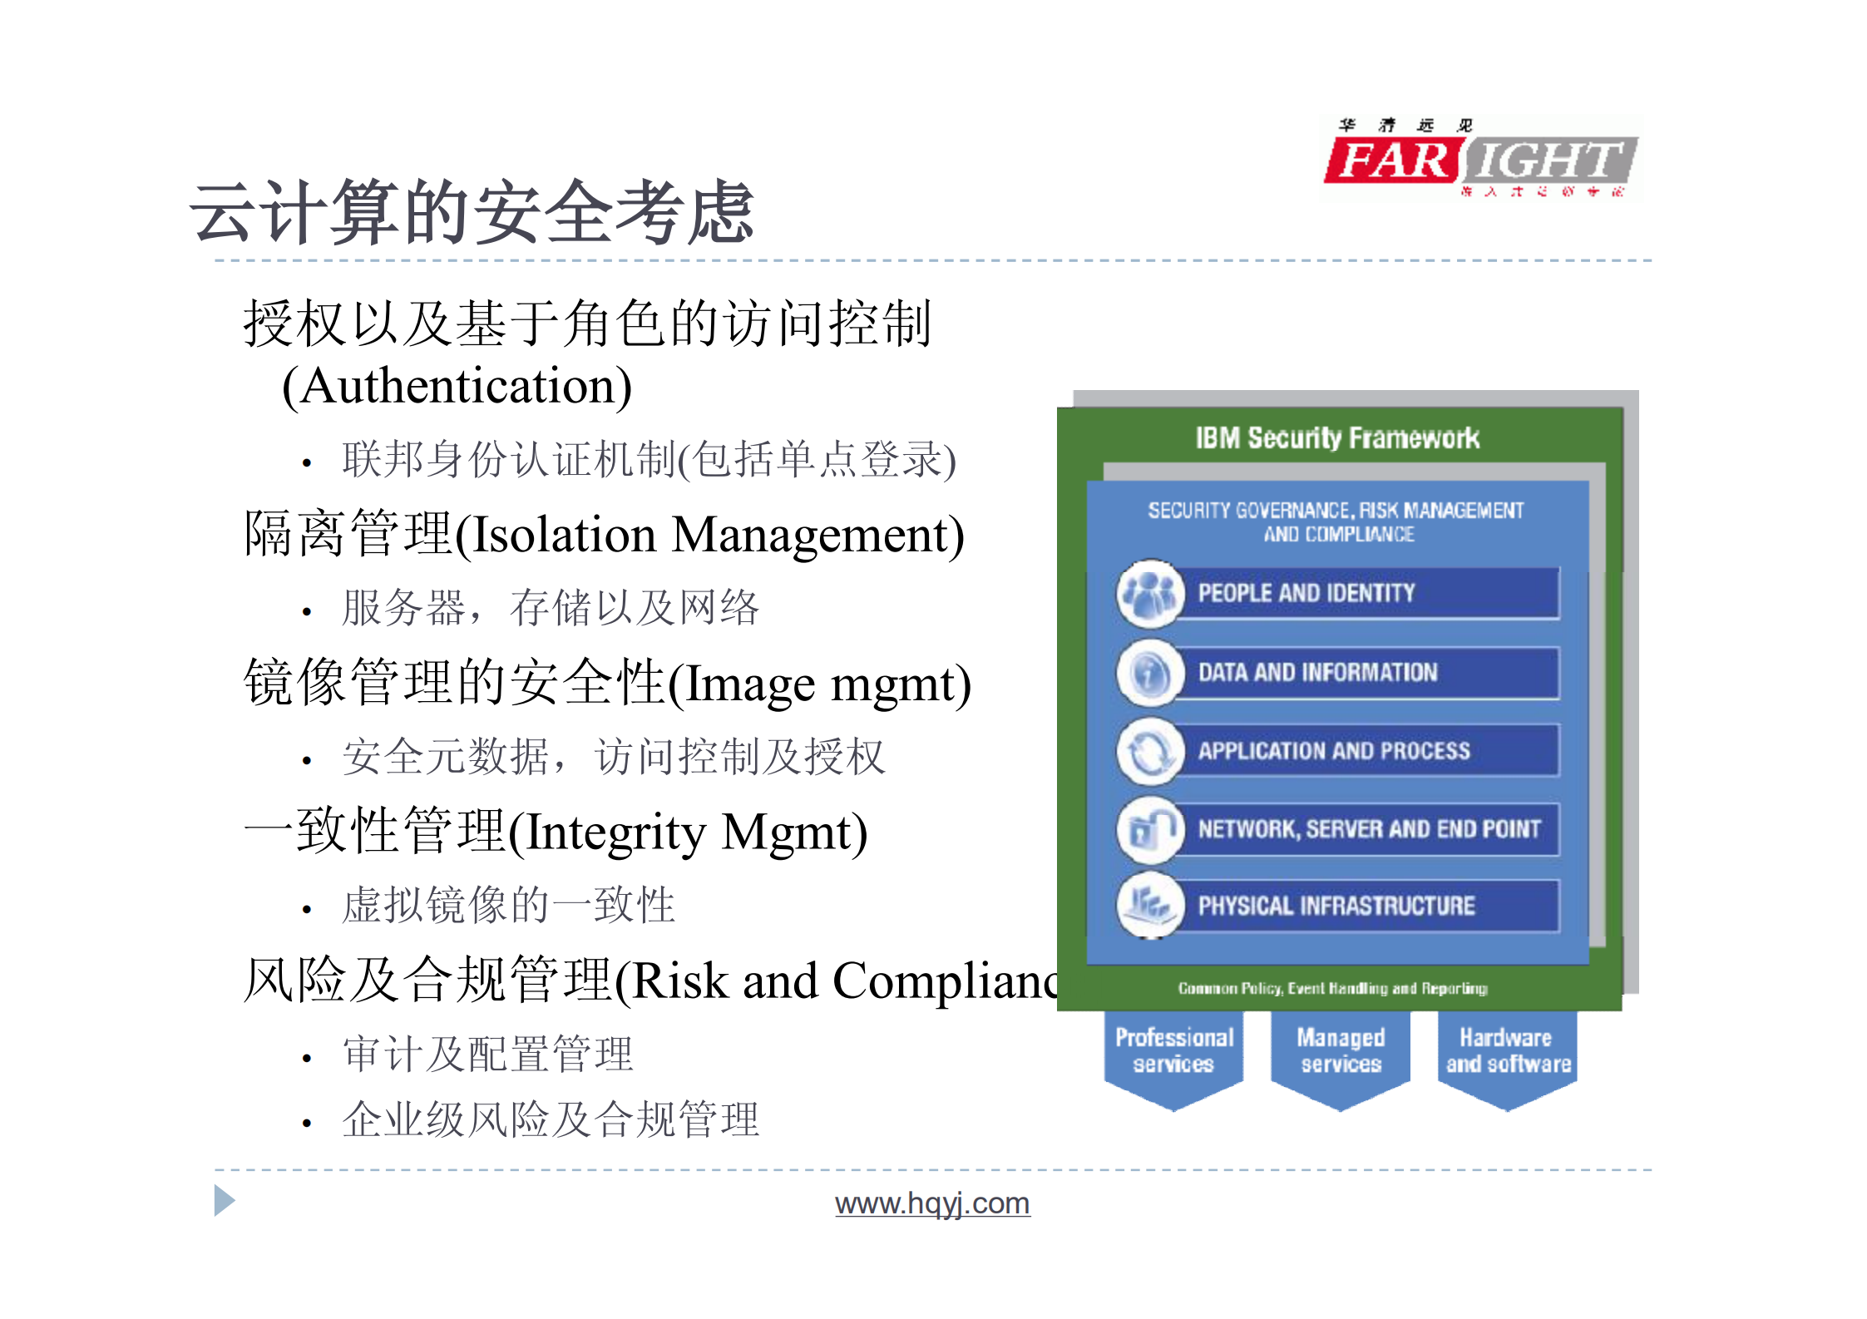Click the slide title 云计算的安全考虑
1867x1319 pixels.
point(472,213)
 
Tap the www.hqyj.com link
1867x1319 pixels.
point(932,1203)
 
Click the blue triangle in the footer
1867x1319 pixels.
point(223,1200)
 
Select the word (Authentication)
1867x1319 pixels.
point(457,387)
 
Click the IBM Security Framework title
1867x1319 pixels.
point(1337,437)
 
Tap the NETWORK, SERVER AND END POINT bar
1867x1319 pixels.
point(1368,828)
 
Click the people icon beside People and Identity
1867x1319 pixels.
point(1150,593)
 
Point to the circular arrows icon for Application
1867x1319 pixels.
point(1150,751)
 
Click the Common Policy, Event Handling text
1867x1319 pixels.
point(1332,988)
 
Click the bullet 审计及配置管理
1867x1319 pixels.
point(488,1054)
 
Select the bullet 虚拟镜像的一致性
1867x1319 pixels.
point(508,905)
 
